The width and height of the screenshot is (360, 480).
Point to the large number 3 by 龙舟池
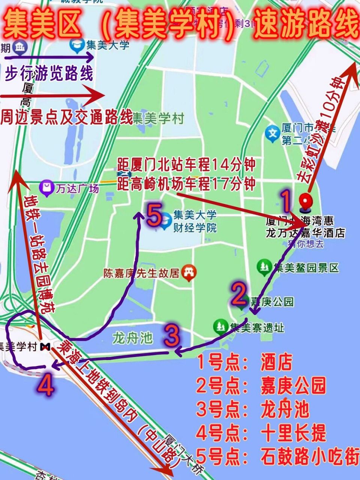[x=172, y=336]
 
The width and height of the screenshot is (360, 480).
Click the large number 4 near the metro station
[x=46, y=385]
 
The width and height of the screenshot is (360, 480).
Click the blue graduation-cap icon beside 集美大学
[x=77, y=45]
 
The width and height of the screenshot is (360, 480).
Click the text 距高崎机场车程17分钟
[x=186, y=184]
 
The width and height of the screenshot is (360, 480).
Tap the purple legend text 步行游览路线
[x=49, y=74]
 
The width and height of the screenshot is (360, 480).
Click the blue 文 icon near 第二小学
[x=273, y=134]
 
